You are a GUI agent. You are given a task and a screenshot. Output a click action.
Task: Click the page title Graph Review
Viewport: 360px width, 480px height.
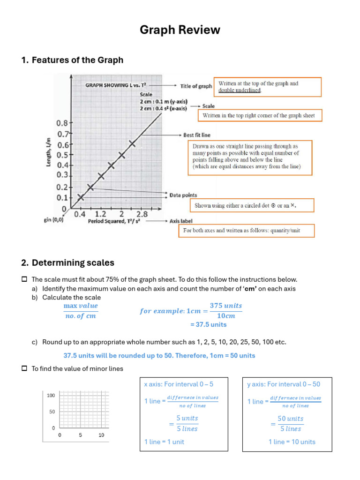(180, 30)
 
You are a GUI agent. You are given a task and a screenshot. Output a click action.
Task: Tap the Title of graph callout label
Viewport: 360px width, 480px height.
(196, 86)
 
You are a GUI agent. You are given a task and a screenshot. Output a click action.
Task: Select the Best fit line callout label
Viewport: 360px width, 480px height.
(196, 135)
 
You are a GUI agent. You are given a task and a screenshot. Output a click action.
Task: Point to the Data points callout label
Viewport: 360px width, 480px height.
(183, 195)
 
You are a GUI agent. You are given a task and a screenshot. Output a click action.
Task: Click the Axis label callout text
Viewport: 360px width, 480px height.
(181, 221)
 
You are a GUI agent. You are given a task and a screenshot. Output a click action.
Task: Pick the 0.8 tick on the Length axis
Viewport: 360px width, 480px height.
(62, 123)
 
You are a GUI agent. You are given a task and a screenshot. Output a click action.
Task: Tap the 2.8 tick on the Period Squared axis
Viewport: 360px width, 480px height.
(142, 214)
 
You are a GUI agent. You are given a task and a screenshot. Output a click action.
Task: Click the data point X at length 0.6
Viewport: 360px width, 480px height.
(132, 144)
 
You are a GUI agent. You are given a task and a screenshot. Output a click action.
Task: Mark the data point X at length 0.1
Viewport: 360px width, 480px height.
(81, 197)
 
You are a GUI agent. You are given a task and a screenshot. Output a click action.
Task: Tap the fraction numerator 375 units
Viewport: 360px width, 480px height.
(226, 306)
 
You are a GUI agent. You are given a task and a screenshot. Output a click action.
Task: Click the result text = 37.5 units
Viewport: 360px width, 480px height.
(208, 324)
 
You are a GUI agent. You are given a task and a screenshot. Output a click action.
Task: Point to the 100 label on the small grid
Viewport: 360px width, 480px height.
(51, 395)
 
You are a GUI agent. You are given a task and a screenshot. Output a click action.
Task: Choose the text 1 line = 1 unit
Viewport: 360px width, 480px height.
(164, 442)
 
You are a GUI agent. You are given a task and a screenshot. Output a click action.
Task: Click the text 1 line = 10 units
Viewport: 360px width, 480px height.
(292, 442)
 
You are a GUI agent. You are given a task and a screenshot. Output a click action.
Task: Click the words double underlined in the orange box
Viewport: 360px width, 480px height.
(240, 90)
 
